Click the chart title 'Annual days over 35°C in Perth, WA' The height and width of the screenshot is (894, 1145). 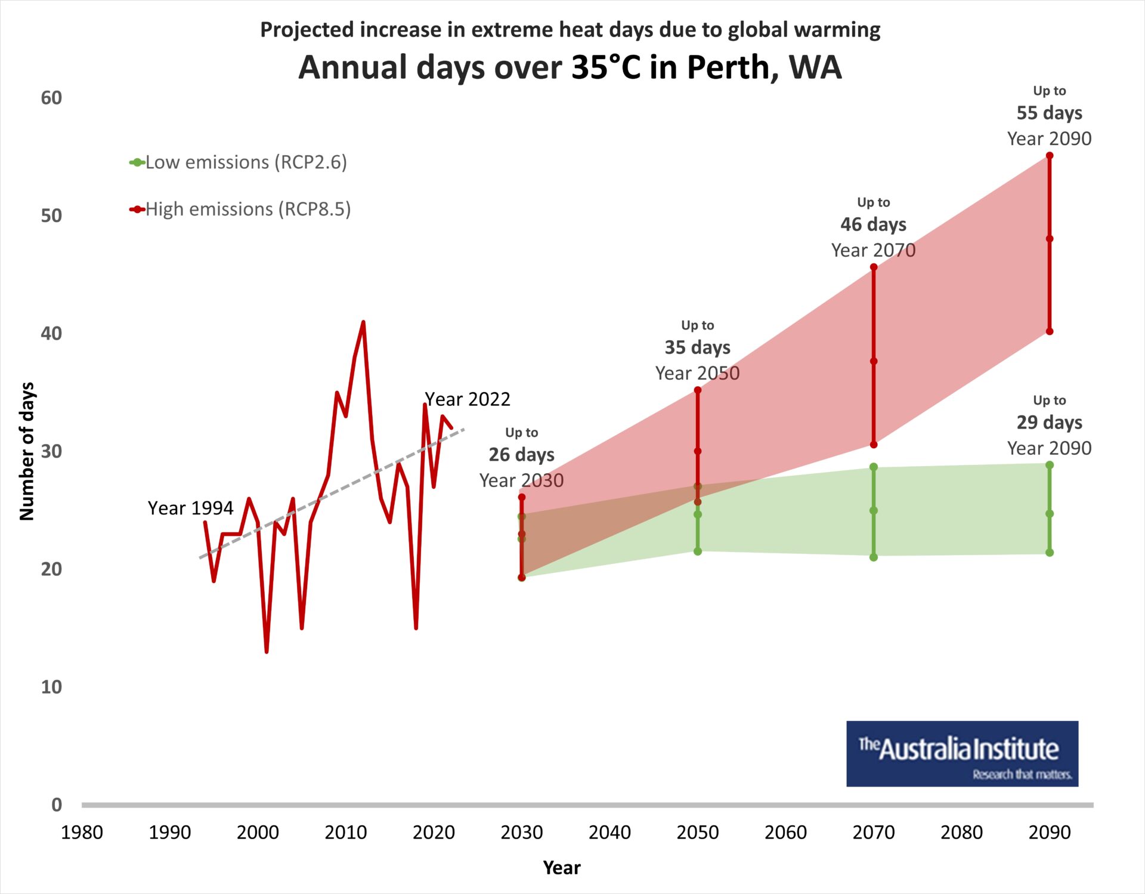(x=570, y=67)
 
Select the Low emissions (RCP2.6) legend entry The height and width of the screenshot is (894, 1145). (x=239, y=162)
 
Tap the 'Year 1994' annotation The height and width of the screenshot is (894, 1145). (x=190, y=508)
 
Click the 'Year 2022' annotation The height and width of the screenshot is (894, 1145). (x=468, y=399)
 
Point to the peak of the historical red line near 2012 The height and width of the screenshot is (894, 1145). (x=363, y=323)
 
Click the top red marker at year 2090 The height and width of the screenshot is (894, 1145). (x=1050, y=156)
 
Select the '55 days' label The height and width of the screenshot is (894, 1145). (x=1049, y=113)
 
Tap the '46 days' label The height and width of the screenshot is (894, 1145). (x=873, y=224)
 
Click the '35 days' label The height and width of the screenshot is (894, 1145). (x=697, y=347)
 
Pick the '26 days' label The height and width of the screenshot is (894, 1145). (x=521, y=455)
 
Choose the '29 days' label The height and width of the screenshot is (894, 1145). (x=1049, y=423)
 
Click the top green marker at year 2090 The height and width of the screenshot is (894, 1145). (x=1050, y=465)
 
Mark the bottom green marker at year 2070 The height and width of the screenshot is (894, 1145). (x=874, y=557)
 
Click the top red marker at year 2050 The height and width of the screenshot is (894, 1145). (x=698, y=390)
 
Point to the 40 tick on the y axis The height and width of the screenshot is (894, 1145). (x=51, y=334)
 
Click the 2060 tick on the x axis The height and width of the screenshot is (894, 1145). (x=785, y=832)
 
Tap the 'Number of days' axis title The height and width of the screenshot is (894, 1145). (x=27, y=452)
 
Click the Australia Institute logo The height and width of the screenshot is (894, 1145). (x=962, y=754)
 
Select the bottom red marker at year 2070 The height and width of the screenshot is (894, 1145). (x=874, y=445)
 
